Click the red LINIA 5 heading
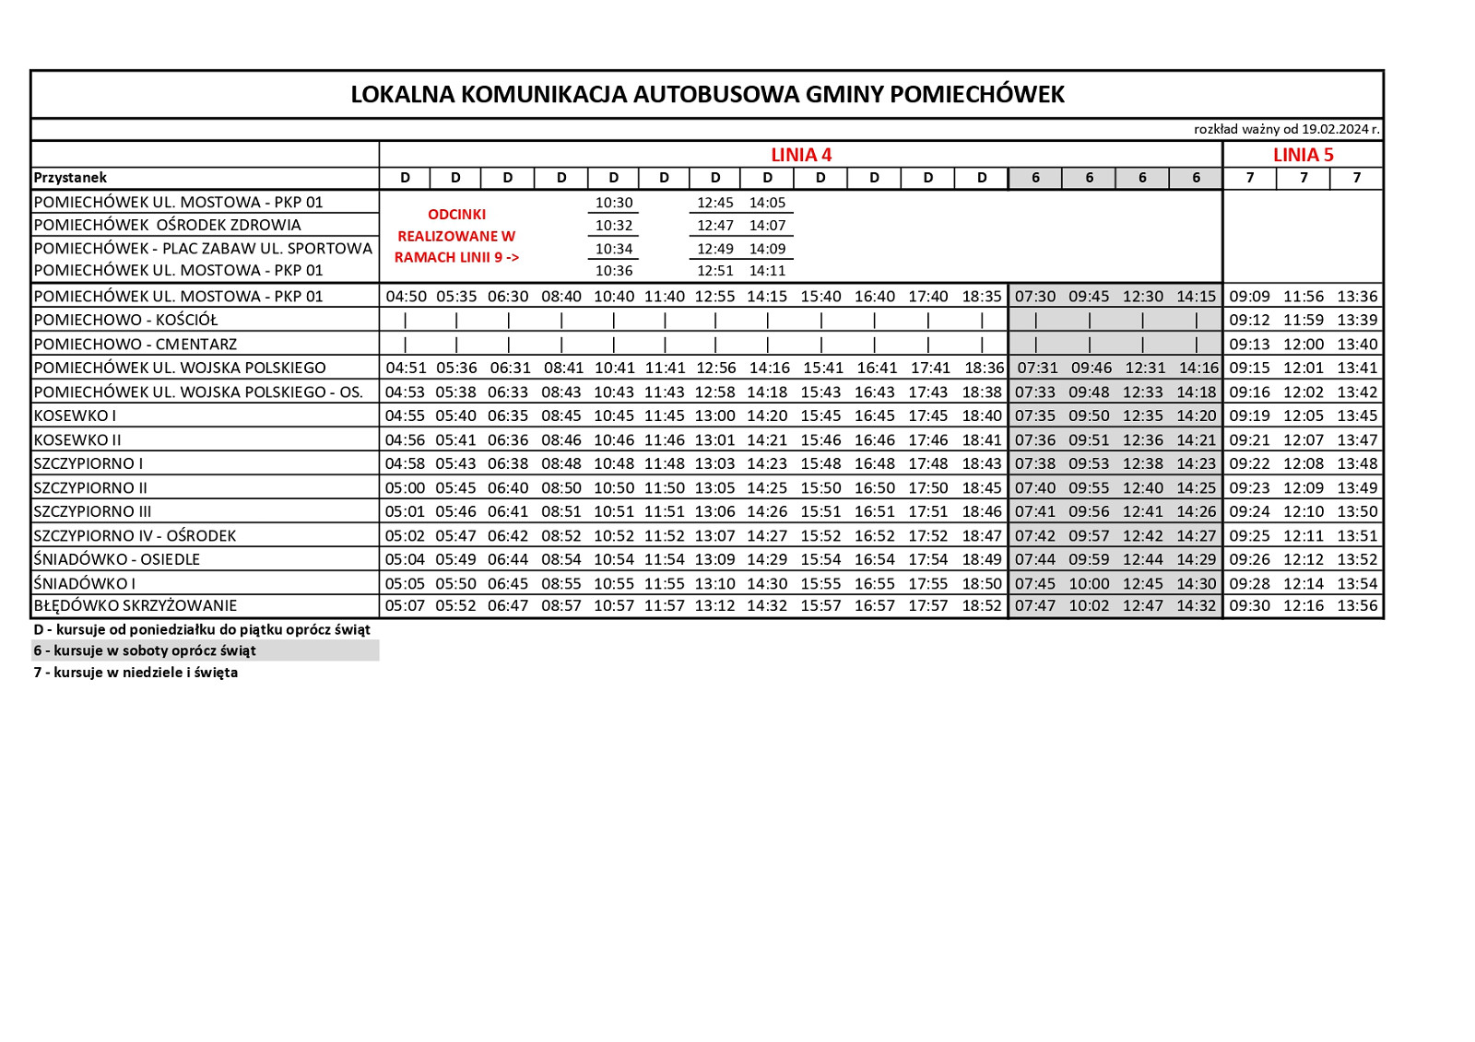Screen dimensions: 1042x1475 (x=1303, y=155)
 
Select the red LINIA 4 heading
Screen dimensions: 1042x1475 (x=801, y=155)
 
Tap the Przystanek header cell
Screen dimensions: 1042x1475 (x=70, y=178)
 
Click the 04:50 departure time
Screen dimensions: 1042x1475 (x=406, y=297)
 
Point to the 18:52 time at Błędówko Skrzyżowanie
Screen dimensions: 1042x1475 (x=982, y=606)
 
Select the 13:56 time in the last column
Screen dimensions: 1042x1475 (x=1357, y=606)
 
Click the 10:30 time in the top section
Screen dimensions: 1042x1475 (x=614, y=203)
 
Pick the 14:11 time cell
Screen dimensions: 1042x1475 (x=767, y=271)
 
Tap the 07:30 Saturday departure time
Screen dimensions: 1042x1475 (x=1035, y=297)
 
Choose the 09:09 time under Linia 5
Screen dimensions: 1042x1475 (x=1249, y=297)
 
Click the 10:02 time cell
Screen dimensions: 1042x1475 (x=1089, y=606)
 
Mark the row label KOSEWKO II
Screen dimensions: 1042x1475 (x=77, y=440)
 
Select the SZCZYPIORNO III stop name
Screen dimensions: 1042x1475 (x=92, y=512)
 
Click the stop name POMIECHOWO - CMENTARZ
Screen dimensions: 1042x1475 (x=136, y=345)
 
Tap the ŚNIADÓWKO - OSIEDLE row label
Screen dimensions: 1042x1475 (x=117, y=559)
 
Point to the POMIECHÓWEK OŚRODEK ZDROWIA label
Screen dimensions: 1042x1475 (x=168, y=225)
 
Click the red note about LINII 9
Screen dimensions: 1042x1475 (x=456, y=236)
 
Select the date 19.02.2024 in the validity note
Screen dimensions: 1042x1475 (x=1335, y=130)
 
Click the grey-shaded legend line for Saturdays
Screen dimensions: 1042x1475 (x=145, y=650)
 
